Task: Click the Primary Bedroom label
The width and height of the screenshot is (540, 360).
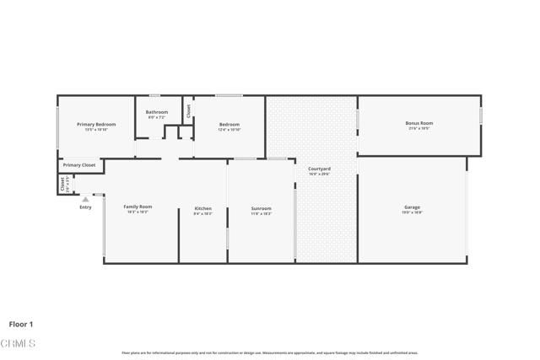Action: (96, 125)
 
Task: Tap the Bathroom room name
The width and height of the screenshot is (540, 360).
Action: (157, 112)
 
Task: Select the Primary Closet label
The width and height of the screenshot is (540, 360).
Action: (79, 165)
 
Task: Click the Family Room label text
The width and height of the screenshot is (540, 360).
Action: (138, 207)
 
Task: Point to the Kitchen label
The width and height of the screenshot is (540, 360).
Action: (203, 208)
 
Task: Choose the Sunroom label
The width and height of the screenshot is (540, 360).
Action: (262, 208)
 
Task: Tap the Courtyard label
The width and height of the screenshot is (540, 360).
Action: (319, 169)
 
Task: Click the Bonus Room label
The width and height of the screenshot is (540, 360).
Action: (418, 123)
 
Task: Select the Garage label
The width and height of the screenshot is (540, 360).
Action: (412, 207)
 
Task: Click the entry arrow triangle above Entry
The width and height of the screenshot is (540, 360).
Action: (85, 199)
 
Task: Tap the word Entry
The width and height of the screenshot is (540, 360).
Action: (85, 207)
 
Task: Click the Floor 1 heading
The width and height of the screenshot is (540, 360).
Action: (21, 324)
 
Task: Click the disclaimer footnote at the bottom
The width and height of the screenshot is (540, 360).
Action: (269, 352)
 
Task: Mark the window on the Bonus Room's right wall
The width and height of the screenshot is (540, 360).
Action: (481, 116)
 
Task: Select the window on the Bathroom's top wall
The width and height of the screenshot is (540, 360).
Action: (154, 95)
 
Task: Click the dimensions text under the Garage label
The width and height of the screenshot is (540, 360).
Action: (412, 213)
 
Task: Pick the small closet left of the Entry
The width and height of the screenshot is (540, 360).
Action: (63, 184)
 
